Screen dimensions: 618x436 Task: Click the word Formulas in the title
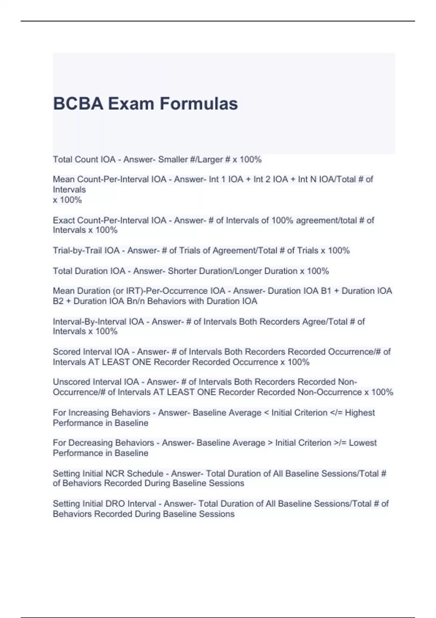(199, 104)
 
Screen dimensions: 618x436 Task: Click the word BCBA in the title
(78, 104)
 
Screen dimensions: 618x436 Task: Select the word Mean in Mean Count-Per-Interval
(64, 179)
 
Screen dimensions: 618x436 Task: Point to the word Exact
(64, 220)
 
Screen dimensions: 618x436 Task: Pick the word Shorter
(182, 271)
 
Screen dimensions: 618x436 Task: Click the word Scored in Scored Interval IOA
(66, 352)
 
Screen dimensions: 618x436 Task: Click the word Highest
(360, 413)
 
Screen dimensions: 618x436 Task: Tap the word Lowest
(363, 443)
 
